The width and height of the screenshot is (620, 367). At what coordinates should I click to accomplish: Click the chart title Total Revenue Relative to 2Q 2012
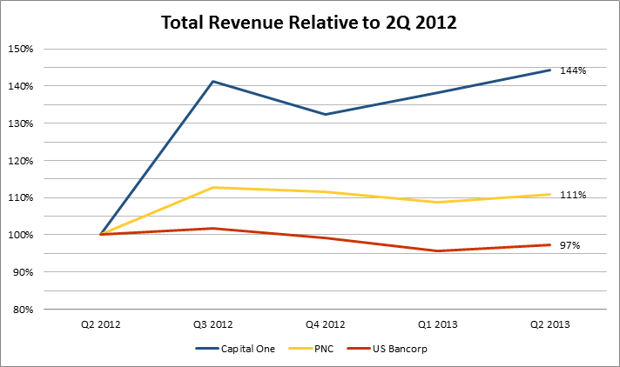pyautogui.click(x=309, y=23)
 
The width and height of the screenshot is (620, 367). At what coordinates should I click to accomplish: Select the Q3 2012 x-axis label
pyautogui.click(x=213, y=324)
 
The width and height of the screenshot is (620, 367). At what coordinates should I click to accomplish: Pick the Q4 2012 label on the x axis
pyautogui.click(x=326, y=324)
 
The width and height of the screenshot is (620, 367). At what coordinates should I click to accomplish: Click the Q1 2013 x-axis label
pyautogui.click(x=438, y=324)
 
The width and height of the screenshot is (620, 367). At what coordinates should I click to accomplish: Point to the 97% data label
pyautogui.click(x=571, y=246)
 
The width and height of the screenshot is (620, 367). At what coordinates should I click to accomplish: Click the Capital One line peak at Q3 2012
pyautogui.click(x=213, y=82)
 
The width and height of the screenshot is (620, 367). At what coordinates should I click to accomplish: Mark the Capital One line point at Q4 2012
pyautogui.click(x=326, y=114)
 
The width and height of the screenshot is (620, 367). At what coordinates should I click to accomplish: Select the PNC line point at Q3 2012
pyautogui.click(x=213, y=187)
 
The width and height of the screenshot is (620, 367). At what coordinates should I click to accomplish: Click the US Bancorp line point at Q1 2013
pyautogui.click(x=438, y=251)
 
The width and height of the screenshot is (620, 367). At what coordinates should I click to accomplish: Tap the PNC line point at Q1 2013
pyautogui.click(x=438, y=203)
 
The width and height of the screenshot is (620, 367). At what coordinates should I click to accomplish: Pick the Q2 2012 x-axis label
pyautogui.click(x=101, y=324)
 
